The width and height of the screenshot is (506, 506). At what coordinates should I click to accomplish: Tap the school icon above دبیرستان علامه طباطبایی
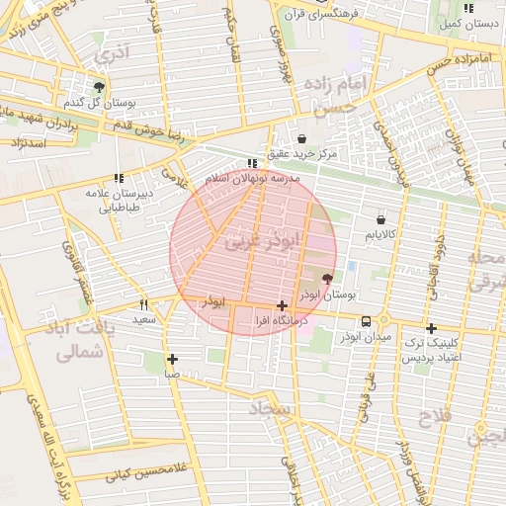pyautogui.click(x=119, y=178)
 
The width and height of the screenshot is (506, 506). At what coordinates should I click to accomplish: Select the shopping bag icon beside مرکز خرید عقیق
pyautogui.click(x=301, y=139)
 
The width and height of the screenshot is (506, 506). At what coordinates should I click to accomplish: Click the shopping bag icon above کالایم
pyautogui.click(x=380, y=218)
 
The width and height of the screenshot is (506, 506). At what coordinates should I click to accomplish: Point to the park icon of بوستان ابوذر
pyautogui.click(x=328, y=280)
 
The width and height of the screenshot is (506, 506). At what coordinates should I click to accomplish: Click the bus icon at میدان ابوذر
pyautogui.click(x=367, y=321)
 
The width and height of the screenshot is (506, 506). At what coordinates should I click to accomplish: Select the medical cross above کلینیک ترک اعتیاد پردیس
pyautogui.click(x=431, y=328)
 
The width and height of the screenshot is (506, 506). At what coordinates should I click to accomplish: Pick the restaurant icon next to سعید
pyautogui.click(x=143, y=304)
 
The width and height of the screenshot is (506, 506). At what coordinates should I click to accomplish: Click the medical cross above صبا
pyautogui.click(x=173, y=359)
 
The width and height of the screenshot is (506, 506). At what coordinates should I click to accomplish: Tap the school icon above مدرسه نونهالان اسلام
pyautogui.click(x=251, y=163)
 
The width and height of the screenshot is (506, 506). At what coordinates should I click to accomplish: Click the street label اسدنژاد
pyautogui.click(x=27, y=143)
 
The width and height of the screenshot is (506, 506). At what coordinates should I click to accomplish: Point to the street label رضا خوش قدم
pyautogui.click(x=148, y=128)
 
